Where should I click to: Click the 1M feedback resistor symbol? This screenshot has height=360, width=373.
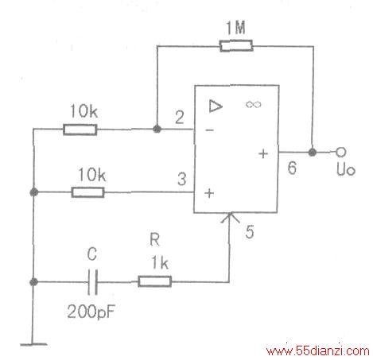[236, 45]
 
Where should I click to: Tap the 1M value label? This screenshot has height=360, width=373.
[235, 27]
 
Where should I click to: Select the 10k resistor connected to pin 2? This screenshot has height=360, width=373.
[80, 130]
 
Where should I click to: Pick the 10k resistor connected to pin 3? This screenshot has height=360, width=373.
[87, 192]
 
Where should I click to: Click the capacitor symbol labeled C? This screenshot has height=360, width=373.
[93, 282]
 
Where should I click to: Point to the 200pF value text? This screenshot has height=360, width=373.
[91, 312]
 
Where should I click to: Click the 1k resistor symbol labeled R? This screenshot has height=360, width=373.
[154, 281]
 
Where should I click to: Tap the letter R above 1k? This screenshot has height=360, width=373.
[155, 239]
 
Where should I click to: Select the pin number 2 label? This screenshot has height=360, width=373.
[180, 118]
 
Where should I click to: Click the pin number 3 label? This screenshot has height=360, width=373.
[182, 179]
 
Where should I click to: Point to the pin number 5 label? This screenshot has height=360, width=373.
[250, 231]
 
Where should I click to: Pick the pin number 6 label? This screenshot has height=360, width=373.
[292, 168]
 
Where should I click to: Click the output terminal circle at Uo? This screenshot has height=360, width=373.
[341, 152]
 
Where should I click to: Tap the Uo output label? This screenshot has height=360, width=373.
[346, 169]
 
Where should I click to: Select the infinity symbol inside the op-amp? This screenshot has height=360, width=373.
[253, 104]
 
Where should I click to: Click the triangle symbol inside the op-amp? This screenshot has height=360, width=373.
[216, 106]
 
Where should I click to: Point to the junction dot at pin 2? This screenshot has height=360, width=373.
[157, 130]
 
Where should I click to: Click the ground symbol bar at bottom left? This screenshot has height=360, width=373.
[33, 344]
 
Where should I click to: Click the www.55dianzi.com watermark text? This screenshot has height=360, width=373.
[317, 351]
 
